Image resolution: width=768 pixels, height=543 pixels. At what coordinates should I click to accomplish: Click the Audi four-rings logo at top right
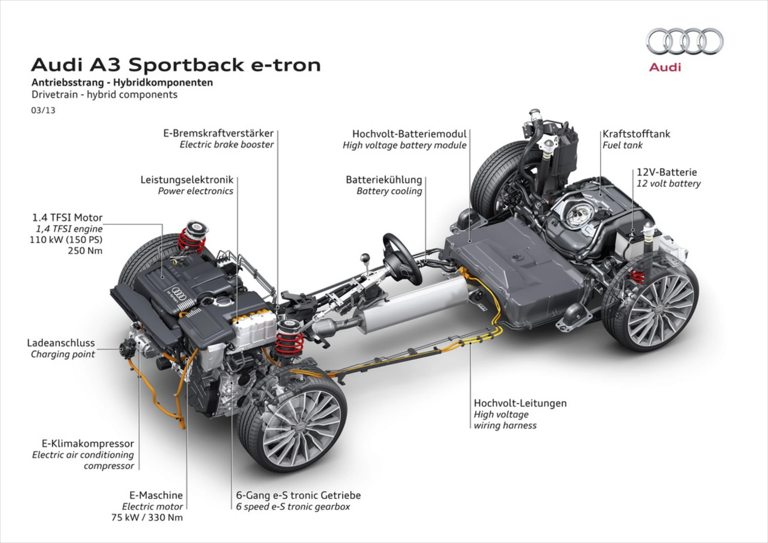coord(684,41)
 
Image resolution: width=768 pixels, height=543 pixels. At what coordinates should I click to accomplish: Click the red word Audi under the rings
coord(665,67)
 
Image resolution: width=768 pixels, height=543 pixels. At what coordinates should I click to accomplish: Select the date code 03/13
coord(43,110)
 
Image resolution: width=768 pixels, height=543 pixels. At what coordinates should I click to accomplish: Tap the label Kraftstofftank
coord(636,134)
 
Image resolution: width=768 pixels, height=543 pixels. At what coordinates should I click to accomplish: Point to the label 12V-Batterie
coord(666,172)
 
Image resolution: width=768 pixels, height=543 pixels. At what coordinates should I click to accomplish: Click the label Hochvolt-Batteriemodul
coord(409,134)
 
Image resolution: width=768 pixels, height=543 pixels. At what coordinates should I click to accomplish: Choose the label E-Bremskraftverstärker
coord(218,133)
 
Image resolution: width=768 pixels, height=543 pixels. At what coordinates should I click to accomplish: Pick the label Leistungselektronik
coord(187,180)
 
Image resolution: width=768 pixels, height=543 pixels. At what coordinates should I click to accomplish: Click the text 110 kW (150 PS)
coord(66,240)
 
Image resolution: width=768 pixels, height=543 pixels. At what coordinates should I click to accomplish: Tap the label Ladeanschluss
coord(61,343)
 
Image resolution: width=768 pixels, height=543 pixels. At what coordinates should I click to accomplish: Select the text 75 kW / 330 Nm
coord(147,517)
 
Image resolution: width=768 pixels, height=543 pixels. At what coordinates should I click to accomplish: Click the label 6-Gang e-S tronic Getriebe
coord(298,495)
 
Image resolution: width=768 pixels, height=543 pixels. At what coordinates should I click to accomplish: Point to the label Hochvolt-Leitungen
coord(520,403)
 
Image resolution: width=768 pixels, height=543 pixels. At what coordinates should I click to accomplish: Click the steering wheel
coord(402,258)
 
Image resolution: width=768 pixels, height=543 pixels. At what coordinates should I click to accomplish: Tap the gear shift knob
coord(365,258)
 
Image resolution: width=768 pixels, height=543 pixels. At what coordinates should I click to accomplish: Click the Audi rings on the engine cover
coord(179,292)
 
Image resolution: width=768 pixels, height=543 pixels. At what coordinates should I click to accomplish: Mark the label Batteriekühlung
coord(384,180)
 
